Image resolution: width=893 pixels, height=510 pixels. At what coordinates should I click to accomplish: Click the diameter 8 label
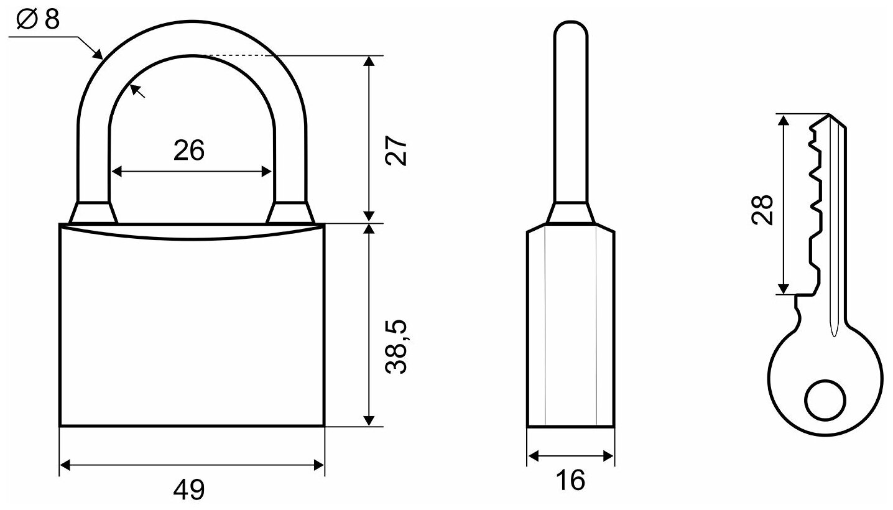39,19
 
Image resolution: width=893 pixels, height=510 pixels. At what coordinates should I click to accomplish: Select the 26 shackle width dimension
189,151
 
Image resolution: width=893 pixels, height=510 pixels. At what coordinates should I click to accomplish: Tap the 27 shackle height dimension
396,151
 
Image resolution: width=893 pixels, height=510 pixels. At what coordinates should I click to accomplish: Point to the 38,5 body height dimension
396,346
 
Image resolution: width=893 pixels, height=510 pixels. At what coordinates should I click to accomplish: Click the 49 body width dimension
189,489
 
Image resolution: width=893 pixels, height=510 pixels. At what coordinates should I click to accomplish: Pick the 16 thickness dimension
571,480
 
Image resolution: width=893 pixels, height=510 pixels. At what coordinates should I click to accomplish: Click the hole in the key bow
825,400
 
